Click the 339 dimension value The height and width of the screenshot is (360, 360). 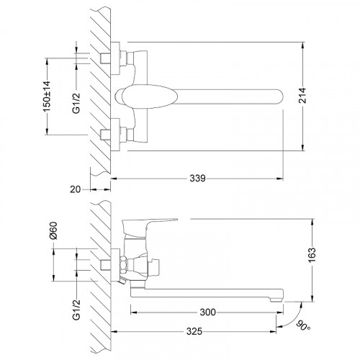(x=197, y=179)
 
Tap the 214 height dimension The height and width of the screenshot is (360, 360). (x=302, y=96)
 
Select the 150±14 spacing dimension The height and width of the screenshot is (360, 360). (x=47, y=96)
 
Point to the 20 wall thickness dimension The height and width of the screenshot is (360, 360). (x=76, y=189)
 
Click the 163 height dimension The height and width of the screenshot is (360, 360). (x=312, y=255)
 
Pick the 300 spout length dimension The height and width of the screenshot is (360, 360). (x=208, y=312)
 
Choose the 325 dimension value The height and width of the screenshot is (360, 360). (x=194, y=331)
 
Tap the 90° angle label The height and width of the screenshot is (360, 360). (x=304, y=325)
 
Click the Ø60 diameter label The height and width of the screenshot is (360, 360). (x=53, y=230)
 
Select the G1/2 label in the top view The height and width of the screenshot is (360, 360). (x=76, y=103)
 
